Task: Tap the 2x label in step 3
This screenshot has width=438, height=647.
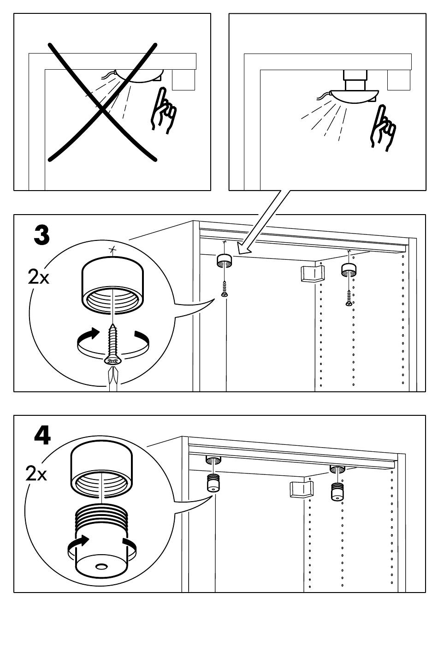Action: coord(39,278)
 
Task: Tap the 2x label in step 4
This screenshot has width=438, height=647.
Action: coord(36,473)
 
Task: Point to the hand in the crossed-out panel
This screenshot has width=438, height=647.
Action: coord(163,111)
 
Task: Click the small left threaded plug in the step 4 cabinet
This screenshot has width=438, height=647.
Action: coord(213,483)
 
